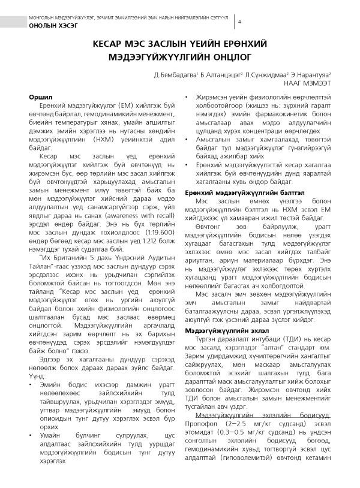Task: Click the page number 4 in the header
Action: pos(240,22)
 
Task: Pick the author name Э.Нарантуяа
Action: pos(311,76)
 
